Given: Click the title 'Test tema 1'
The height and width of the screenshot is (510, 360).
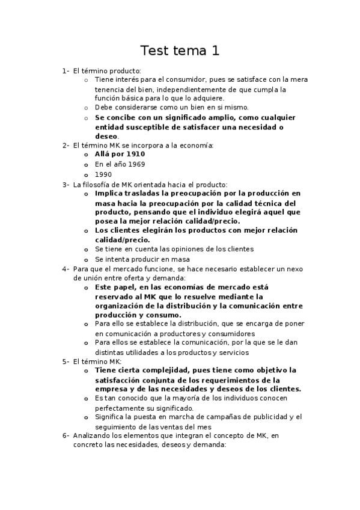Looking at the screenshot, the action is (180, 51).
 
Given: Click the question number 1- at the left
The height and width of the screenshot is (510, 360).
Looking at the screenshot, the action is (66, 71).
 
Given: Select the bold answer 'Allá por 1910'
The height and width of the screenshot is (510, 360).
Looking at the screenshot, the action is (120, 154).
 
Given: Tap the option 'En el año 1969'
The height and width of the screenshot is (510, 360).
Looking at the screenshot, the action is (120, 164).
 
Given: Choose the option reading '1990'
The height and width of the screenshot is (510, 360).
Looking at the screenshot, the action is (103, 174).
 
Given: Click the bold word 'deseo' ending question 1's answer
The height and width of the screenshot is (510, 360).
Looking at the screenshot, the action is (106, 136).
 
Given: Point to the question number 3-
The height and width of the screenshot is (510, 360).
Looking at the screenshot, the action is (66, 184).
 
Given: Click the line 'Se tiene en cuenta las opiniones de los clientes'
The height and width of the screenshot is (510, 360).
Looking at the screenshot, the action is (174, 249).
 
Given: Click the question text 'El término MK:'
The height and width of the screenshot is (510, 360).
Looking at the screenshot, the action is (97, 361).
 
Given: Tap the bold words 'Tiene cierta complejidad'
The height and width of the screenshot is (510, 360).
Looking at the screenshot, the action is (138, 370).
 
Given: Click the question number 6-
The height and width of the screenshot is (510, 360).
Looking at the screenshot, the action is (66, 435).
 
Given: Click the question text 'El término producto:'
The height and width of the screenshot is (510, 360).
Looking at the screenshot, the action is (106, 71).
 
